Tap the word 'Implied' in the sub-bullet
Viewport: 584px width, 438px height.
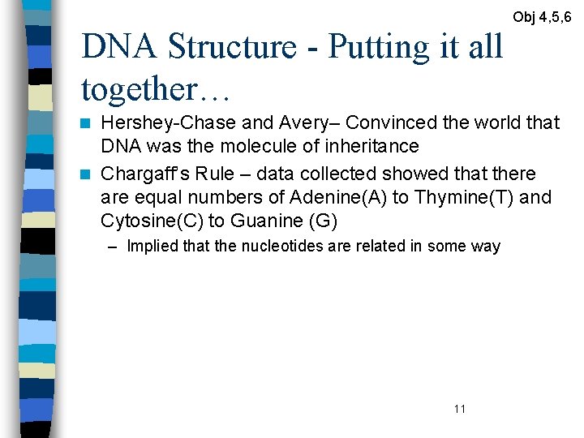[x=147, y=247]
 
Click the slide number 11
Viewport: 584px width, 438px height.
[x=460, y=409]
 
